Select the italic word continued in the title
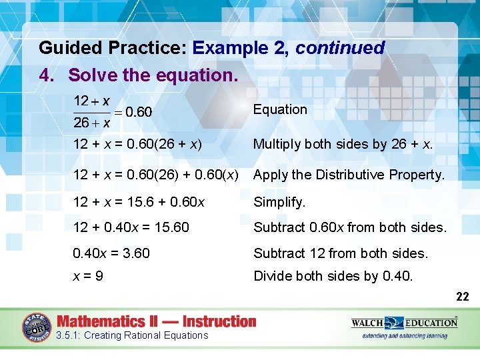coord(340,48)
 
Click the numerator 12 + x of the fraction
coord(91,101)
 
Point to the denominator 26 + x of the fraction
coord(91,123)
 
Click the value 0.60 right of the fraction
coord(139,112)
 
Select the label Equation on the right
coord(280,109)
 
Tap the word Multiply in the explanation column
coord(275,144)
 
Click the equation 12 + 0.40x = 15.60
coord(131,227)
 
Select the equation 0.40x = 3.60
coord(111,253)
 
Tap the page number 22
coord(462,297)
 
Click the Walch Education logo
coord(404,327)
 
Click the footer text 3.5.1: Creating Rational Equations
coord(133,335)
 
